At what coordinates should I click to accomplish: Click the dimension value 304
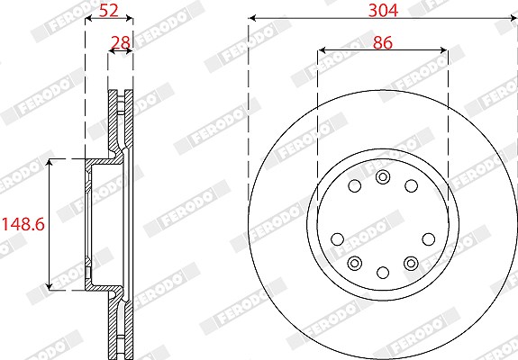tap(383, 10)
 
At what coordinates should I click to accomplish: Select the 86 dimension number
tap(383, 43)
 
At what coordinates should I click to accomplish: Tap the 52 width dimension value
tap(109, 10)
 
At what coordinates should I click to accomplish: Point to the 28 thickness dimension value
tap(121, 43)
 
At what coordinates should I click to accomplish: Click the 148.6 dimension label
tap(23, 224)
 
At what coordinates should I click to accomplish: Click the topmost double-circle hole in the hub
tap(383, 177)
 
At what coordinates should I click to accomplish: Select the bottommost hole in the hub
tap(383, 273)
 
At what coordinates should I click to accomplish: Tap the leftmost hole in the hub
tap(337, 239)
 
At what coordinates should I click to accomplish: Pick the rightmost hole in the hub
tap(429, 239)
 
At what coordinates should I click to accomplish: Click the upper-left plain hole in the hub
tap(355, 186)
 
